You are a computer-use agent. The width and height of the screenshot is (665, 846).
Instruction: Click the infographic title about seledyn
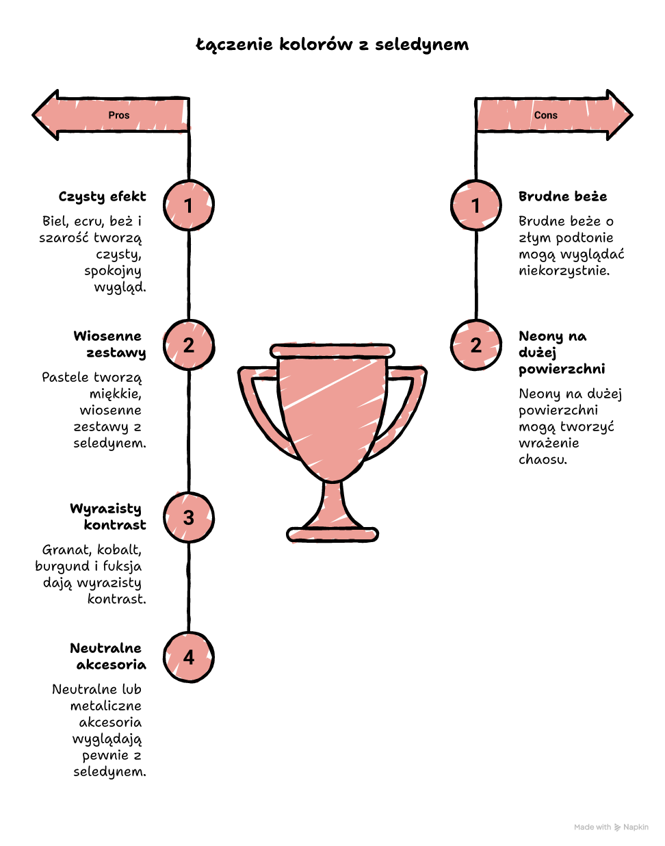tap(332, 44)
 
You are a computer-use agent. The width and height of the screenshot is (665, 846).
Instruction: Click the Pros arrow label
tap(118, 115)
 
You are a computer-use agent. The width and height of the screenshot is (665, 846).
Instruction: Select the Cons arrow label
tap(545, 115)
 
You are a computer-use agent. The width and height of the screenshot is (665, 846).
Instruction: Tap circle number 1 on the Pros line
tap(189, 205)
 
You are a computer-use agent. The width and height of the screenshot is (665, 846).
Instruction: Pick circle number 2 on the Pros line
tap(189, 345)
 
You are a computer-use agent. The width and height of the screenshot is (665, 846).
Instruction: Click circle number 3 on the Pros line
tap(189, 517)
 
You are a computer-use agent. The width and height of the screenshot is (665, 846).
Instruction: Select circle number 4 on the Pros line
tap(189, 657)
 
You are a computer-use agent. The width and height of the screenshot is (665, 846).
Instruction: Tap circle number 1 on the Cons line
tap(476, 205)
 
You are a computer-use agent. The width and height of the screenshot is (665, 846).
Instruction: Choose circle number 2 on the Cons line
tap(476, 345)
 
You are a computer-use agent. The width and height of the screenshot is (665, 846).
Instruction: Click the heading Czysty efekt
tap(102, 196)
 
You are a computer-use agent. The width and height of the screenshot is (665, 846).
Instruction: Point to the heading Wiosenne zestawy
tap(109, 344)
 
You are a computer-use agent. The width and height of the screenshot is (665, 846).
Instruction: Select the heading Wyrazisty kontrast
tap(108, 517)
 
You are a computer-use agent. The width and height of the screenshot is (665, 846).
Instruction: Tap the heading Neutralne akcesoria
tap(108, 656)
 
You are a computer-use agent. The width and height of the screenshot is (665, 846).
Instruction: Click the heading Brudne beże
tap(563, 196)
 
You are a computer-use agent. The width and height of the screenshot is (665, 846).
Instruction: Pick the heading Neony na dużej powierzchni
tap(562, 352)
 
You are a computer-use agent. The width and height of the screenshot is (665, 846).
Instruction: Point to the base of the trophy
tap(332, 535)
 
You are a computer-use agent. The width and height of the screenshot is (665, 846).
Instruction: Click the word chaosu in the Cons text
tap(543, 459)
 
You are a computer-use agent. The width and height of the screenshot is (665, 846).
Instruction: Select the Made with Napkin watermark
tap(611, 827)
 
